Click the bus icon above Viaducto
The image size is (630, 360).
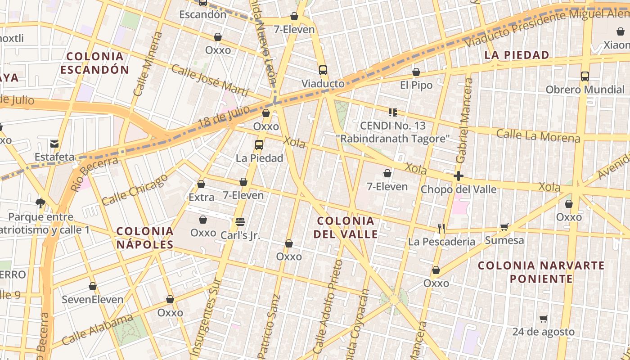[323, 70]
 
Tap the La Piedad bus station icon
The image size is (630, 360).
[259, 145]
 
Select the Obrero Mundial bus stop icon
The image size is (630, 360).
[585, 76]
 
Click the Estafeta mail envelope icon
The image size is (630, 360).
[54, 144]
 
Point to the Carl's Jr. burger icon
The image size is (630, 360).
[240, 222]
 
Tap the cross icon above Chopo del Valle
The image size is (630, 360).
[459, 176]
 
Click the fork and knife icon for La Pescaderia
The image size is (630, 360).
[441, 229]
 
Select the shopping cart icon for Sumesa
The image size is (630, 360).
[504, 227]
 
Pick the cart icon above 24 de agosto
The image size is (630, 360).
[544, 319]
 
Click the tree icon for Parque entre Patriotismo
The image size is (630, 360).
[40, 203]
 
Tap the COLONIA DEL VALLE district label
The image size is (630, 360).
[346, 227]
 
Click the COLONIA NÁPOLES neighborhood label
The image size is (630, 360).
[145, 238]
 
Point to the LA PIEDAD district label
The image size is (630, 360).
[517, 55]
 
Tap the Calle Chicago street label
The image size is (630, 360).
[135, 189]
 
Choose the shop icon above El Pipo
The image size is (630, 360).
[416, 72]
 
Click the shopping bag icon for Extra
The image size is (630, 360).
[201, 184]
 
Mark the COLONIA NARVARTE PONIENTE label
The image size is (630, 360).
[541, 272]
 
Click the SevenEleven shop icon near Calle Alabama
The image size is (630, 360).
[93, 286]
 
